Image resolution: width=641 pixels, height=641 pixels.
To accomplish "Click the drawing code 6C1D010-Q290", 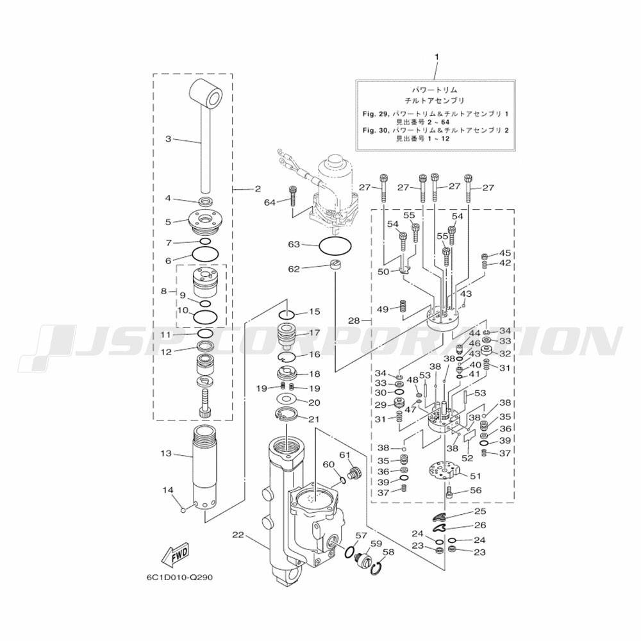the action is tap(179, 578).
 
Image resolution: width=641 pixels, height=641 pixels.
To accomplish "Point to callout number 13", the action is tap(167, 453).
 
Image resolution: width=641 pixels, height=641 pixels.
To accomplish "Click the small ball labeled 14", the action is tap(183, 509).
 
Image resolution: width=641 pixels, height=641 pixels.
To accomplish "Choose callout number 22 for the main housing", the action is tap(238, 535).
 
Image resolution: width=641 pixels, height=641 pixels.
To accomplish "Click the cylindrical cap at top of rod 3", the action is tap(206, 92).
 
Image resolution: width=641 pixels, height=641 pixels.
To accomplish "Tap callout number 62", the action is tap(294, 269).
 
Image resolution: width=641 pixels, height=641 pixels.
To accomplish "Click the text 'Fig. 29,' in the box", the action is tap(376, 114).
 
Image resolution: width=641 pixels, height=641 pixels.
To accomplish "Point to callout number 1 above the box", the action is tap(436, 57).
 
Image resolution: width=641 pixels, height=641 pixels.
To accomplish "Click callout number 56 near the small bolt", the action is tap(476, 490).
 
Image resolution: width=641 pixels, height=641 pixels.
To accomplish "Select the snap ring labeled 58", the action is tap(378, 567).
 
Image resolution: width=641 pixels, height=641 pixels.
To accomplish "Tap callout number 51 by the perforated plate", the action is tap(476, 476).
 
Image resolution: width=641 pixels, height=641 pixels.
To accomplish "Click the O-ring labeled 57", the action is tap(351, 551).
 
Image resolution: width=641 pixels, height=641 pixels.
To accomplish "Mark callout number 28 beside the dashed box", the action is tap(354, 321).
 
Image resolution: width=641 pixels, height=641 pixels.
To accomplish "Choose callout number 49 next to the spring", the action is tap(383, 310).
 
